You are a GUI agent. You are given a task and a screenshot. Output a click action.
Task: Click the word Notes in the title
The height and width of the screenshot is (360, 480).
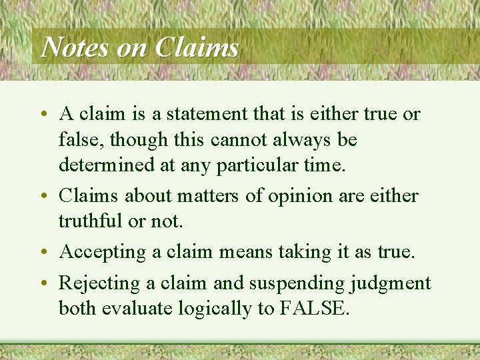pos(70,47)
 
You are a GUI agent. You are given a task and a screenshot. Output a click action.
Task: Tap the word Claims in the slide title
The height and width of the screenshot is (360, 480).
pos(197,47)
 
